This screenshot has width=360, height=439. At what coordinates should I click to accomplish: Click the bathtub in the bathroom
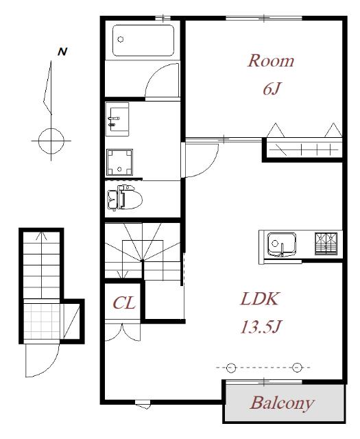coord(143,40)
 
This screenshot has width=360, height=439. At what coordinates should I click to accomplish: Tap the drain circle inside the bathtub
coord(121,39)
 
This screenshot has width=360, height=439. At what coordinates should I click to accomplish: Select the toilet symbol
coord(125,198)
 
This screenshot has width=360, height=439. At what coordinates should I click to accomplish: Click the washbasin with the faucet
coord(117,119)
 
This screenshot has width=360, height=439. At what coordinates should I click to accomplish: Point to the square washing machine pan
coord(119,163)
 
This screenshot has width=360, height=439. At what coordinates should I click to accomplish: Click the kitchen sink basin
coord(281,244)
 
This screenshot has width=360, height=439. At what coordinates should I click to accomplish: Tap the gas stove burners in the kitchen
coord(326,244)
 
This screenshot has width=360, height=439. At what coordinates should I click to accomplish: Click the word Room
coord(271,61)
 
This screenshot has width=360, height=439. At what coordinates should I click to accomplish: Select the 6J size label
coord(272,89)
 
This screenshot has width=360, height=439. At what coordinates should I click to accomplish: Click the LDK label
coord(259,299)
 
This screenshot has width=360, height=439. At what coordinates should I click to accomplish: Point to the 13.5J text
coord(261,327)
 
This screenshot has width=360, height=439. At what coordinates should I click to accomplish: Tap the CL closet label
coord(124,302)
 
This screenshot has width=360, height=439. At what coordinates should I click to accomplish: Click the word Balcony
coord(282,403)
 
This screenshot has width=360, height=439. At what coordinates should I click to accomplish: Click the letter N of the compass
coord(62,52)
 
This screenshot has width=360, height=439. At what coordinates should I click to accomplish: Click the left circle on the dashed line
coord(231,368)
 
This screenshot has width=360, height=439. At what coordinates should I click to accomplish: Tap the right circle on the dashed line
coord(297,368)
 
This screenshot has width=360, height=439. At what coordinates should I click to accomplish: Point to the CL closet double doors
coord(122,332)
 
